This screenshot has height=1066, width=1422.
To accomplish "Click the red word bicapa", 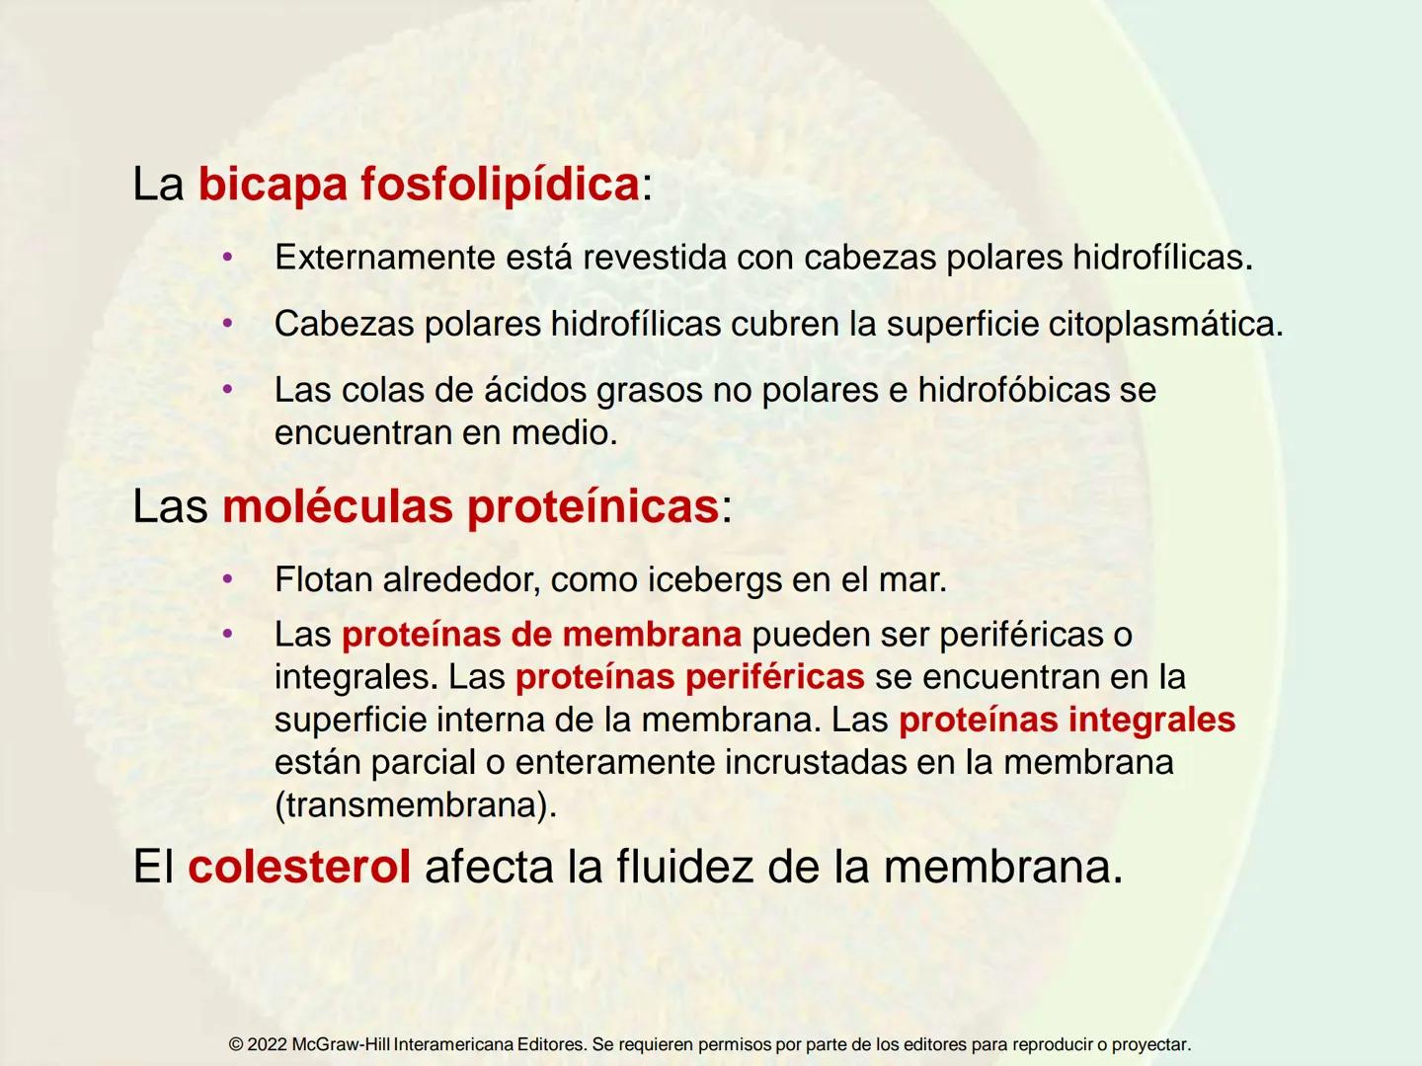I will [x=272, y=185].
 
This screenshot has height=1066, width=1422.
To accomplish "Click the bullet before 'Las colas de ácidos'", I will [x=227, y=390].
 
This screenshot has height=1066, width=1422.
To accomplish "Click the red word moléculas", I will [x=338, y=506].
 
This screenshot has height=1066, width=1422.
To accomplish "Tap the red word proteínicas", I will [x=592, y=506].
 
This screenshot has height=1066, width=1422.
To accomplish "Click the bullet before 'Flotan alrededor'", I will [x=227, y=579].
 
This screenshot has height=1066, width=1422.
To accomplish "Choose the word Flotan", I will [x=323, y=579].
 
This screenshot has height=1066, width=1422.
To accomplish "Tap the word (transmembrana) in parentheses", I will [x=415, y=805].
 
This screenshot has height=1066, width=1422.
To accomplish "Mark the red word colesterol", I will [x=299, y=867].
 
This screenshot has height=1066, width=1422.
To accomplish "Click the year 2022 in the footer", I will [x=267, y=1044].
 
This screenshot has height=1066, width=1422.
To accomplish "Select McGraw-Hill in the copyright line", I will [x=341, y=1044].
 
